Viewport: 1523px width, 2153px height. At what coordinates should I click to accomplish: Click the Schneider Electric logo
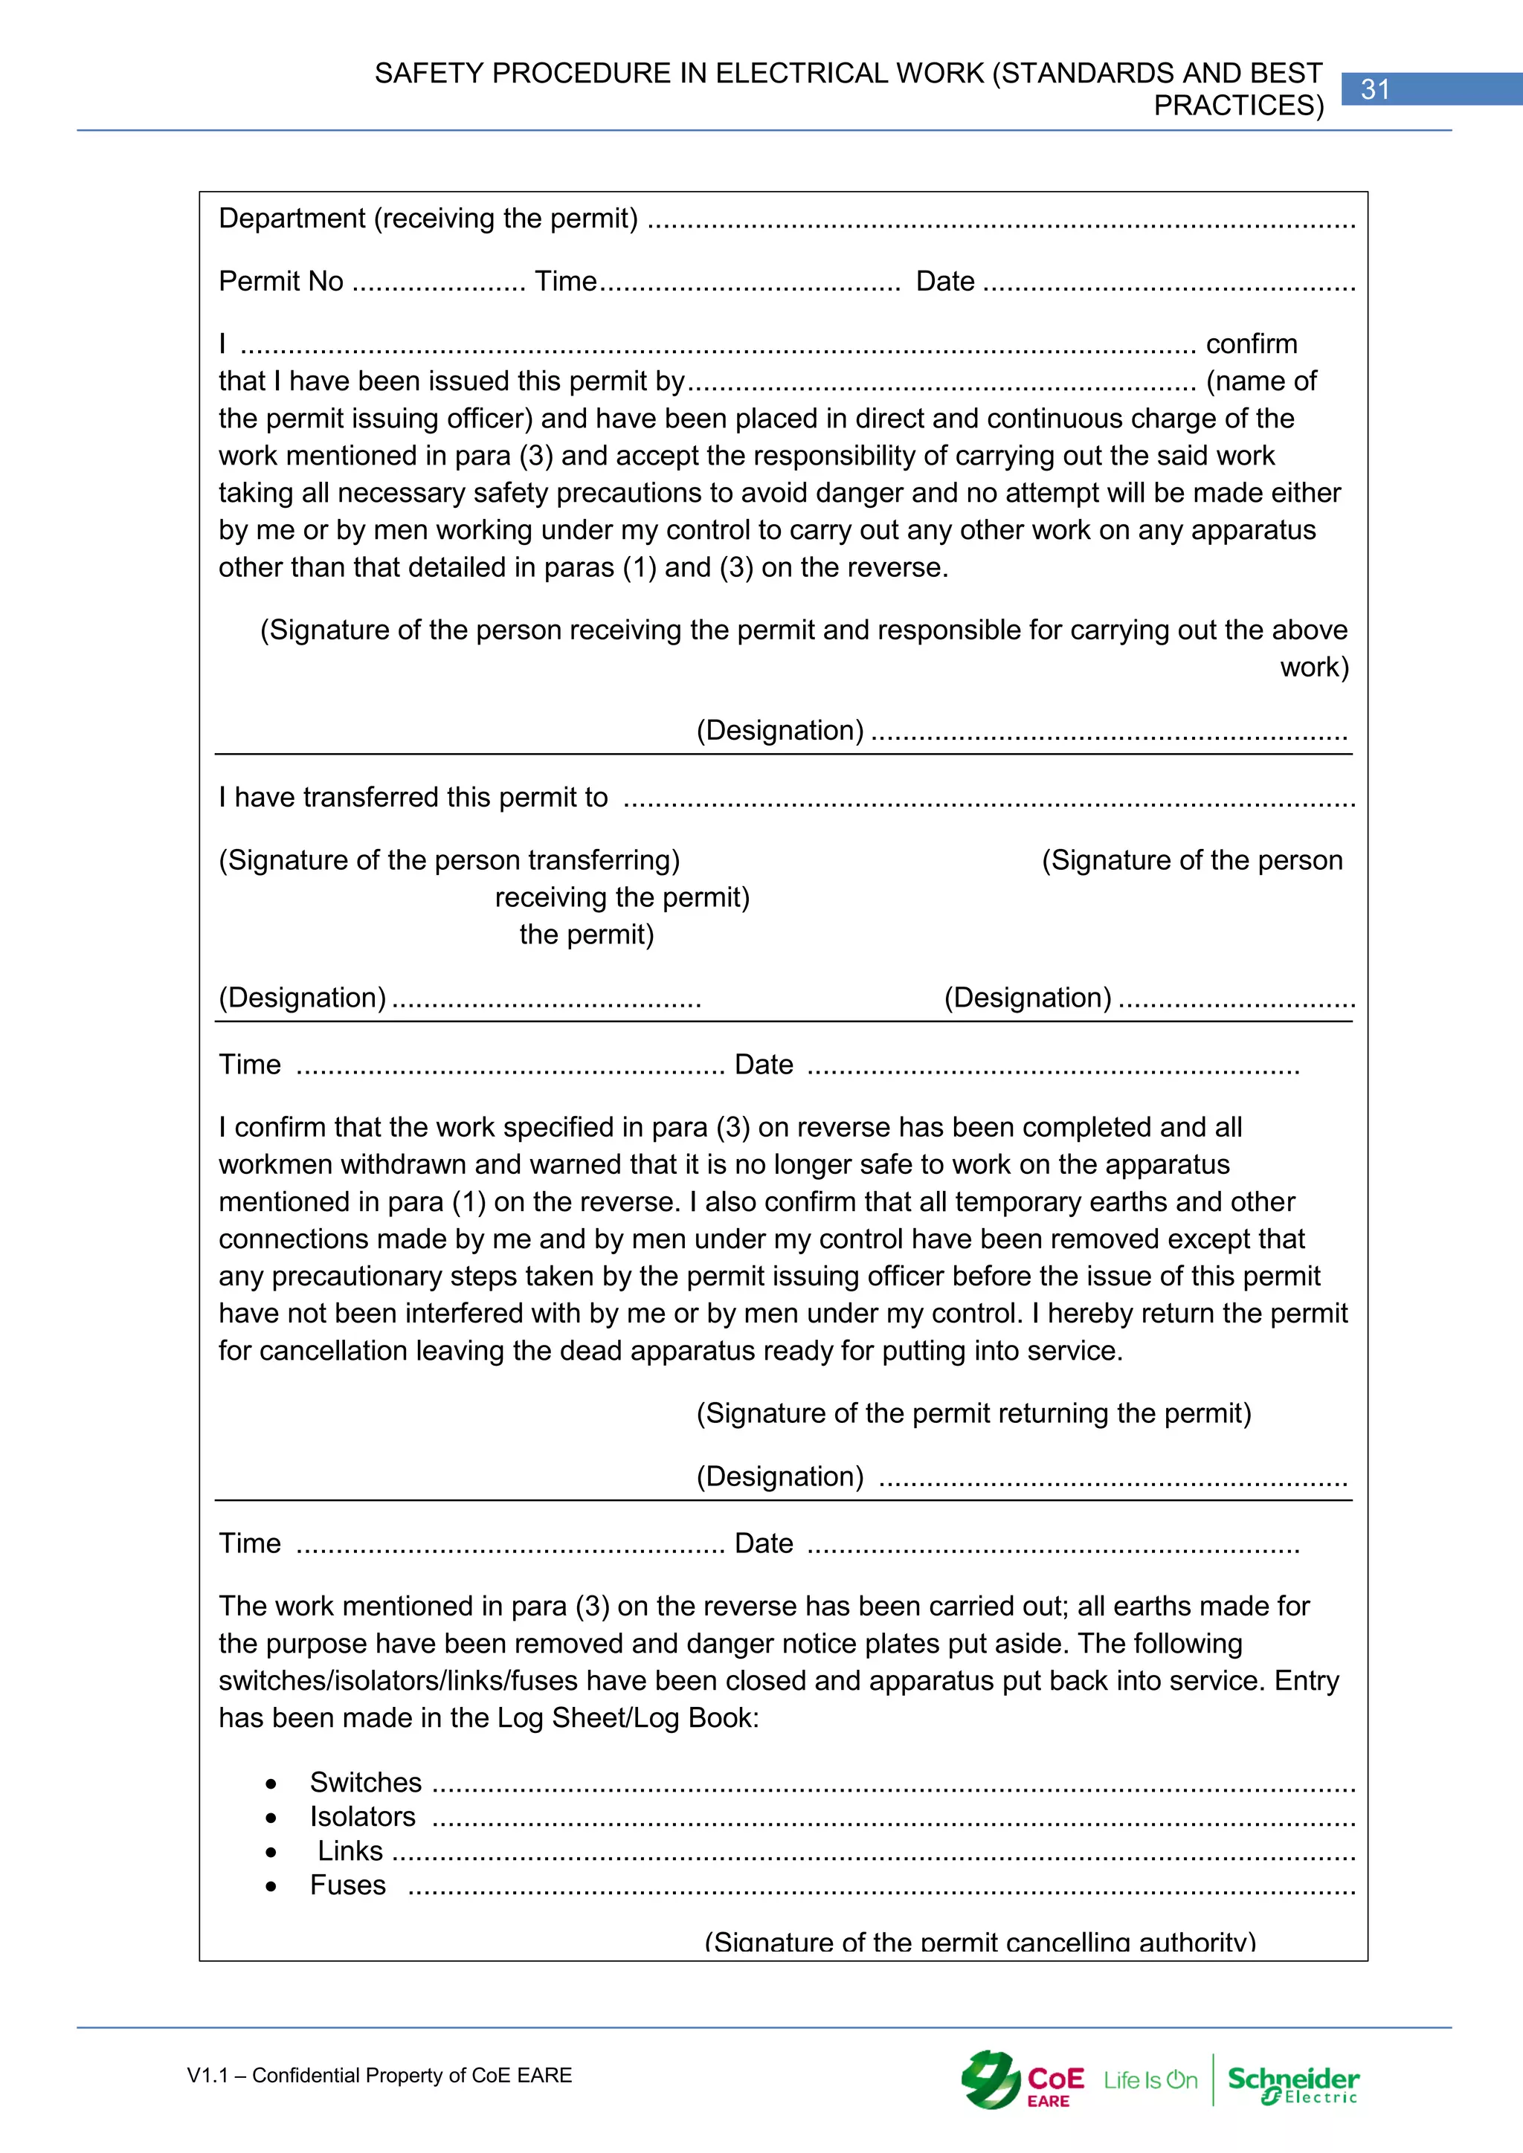(x=1293, y=2084)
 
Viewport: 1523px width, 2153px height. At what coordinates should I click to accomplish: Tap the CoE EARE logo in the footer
(x=1023, y=2080)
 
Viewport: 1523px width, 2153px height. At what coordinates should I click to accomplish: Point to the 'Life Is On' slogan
(x=1150, y=2080)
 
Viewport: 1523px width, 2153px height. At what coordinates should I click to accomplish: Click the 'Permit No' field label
(x=280, y=281)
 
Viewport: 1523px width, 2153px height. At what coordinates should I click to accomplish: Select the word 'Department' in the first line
(x=292, y=219)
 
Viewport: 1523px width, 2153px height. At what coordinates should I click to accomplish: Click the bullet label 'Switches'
(x=366, y=1782)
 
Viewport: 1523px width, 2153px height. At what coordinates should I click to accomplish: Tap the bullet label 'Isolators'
(x=362, y=1816)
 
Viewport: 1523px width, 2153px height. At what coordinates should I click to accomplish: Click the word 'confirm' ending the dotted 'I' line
(x=1251, y=344)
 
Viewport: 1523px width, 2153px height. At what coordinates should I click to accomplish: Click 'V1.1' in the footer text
(x=207, y=2075)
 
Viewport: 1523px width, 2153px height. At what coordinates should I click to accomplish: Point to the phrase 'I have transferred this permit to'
(x=413, y=797)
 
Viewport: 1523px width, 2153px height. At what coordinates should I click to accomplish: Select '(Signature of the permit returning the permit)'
(x=973, y=1413)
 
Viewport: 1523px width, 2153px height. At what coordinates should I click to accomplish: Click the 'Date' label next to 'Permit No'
(x=944, y=281)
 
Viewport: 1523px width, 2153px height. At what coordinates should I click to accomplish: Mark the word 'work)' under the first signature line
(x=1314, y=667)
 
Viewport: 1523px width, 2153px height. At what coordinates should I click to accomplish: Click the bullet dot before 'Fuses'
(x=271, y=1887)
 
